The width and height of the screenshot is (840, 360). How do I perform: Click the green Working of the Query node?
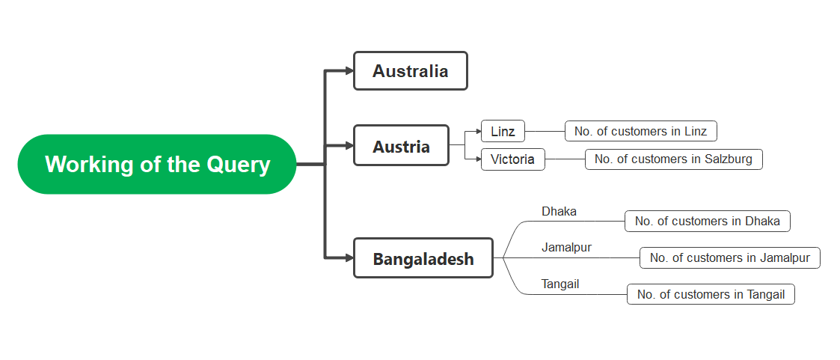157,164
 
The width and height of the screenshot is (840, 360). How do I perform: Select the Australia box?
410,71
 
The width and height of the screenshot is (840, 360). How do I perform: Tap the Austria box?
401,146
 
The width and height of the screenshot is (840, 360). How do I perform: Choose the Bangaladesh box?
423,258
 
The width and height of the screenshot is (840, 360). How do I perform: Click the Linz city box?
503,132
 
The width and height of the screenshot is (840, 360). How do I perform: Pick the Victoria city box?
512,159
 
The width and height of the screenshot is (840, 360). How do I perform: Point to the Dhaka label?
559,212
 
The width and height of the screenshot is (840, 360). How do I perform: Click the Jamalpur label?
566,248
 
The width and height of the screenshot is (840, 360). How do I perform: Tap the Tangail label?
560,284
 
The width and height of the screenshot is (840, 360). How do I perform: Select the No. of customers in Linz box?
640,132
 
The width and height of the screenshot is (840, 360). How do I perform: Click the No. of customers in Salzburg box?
673,159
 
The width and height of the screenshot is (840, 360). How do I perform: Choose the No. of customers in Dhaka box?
707,222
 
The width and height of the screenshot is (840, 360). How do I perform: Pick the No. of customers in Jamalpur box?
729,258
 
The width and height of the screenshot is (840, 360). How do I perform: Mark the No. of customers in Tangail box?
711,295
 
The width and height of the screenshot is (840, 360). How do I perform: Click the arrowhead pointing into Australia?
349,71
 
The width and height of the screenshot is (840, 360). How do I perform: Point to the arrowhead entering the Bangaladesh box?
349,258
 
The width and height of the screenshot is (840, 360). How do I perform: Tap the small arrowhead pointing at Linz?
478,132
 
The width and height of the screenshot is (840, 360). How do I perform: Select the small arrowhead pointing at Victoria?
478,159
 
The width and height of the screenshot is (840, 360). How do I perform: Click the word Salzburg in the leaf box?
723,159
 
